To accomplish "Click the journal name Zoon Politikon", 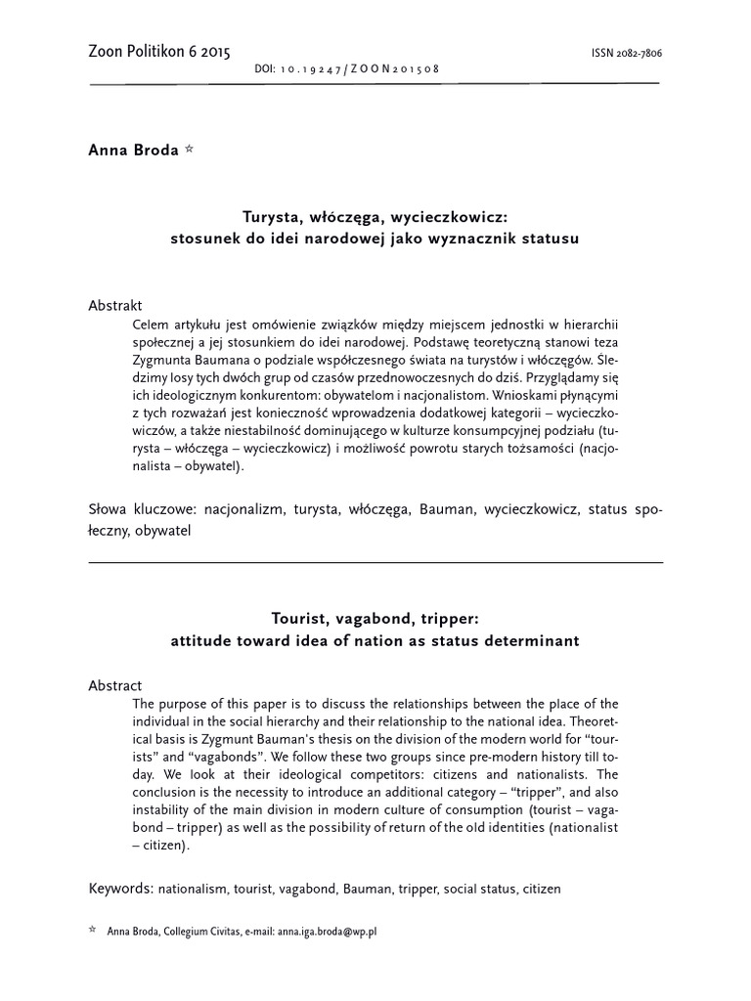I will point(143,52).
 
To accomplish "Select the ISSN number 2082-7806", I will point(634,54).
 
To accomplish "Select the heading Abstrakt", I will point(115,305).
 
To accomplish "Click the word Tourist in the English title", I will point(297,620).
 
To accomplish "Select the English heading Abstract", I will point(114,686).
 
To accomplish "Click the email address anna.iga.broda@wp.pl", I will point(327,932).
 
